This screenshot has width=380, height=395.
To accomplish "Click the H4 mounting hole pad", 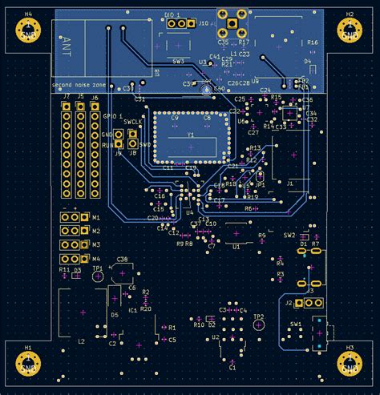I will tap(29, 30).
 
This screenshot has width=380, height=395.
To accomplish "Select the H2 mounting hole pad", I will tap(350, 30).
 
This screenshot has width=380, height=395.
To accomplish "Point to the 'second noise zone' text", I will tap(79, 85).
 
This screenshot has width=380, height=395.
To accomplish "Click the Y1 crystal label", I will tap(191, 136).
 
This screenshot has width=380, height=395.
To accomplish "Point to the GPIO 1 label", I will tap(112, 116).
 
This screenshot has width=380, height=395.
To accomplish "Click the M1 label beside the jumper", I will tap(96, 218).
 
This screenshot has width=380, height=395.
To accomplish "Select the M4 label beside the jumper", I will tap(96, 259).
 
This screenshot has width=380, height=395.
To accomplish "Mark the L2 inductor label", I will tap(81, 341).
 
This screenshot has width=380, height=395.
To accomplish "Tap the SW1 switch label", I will tap(296, 324).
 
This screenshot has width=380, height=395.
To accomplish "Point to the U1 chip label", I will tap(236, 248).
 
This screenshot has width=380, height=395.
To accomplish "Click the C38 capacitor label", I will tap(121, 260).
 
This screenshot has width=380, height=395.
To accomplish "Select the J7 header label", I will tap(66, 97).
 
